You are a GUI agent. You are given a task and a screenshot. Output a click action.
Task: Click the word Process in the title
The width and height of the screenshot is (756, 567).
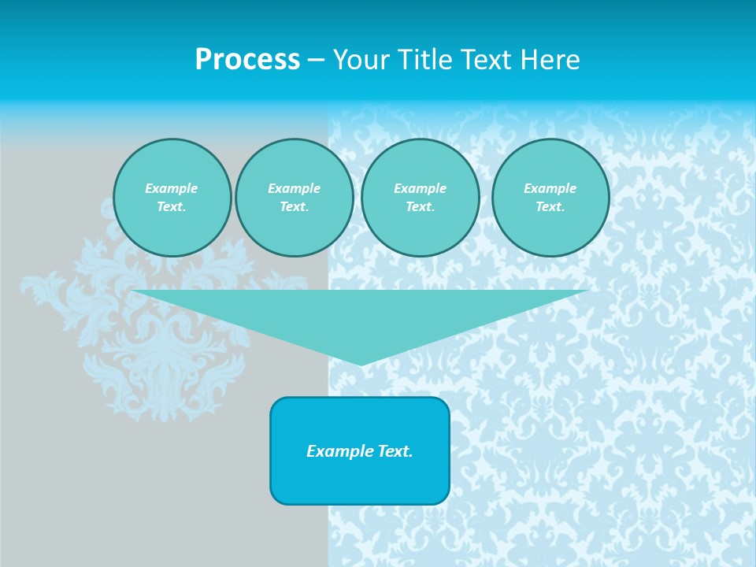pyautogui.click(x=247, y=60)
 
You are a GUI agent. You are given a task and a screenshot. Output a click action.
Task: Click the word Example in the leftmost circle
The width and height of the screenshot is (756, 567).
pyautogui.click(x=172, y=188)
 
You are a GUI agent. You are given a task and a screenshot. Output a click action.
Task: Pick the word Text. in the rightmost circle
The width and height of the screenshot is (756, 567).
pyautogui.click(x=550, y=206)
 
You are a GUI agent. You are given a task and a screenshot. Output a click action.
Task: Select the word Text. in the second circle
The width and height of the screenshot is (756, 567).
pyautogui.click(x=294, y=206)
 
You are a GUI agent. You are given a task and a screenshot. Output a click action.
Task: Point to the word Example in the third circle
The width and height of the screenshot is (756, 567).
pyautogui.click(x=420, y=188)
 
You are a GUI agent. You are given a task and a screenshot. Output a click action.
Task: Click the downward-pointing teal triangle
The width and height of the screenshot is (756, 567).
pyautogui.click(x=361, y=315)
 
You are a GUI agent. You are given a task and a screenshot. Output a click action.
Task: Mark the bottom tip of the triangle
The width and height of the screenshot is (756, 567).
pyautogui.click(x=361, y=363)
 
